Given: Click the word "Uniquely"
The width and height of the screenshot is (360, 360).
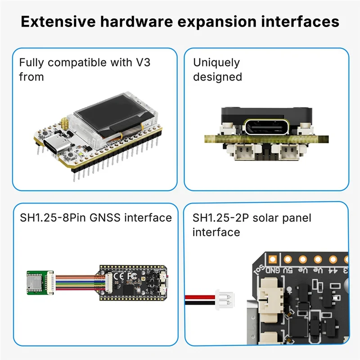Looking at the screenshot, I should click(216, 63).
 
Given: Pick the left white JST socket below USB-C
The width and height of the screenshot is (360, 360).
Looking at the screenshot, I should click(246, 153).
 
